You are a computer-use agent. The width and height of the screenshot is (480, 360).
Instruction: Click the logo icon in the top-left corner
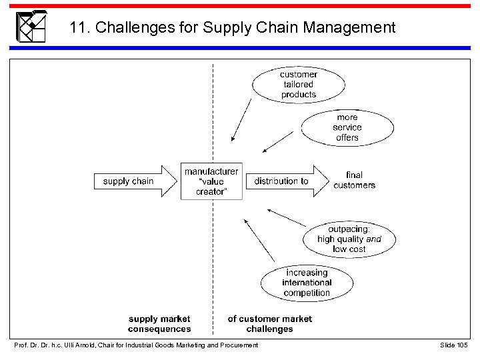pyautogui.click(x=31, y=27)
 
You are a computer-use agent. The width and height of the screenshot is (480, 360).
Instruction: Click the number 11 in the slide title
pyautogui.click(x=78, y=28)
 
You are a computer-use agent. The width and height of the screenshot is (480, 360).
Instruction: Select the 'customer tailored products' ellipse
pyautogui.click(x=298, y=85)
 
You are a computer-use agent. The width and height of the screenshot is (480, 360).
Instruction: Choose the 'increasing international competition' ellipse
pyautogui.click(x=307, y=283)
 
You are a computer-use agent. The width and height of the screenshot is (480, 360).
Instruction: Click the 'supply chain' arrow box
pyautogui.click(x=131, y=181)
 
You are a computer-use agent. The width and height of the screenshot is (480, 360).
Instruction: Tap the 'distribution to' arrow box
pyautogui.click(x=285, y=181)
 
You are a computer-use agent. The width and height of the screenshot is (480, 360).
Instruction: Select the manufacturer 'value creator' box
pyautogui.click(x=211, y=181)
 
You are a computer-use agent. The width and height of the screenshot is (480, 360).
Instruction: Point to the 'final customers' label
pyautogui.click(x=354, y=180)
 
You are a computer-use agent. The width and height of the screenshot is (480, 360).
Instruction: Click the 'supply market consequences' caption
pyautogui.click(x=159, y=324)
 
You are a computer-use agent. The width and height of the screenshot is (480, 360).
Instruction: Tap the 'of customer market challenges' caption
pyautogui.click(x=269, y=324)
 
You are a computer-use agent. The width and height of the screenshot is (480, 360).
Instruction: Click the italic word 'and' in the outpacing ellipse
pyautogui.click(x=374, y=239)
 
